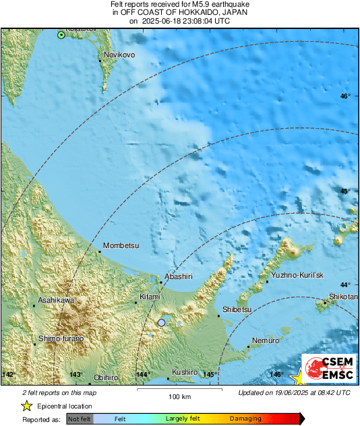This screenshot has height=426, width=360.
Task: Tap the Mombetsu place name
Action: click(x=121, y=246)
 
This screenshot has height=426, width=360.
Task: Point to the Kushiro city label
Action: click(x=184, y=372)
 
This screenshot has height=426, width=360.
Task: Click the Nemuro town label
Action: click(x=265, y=341)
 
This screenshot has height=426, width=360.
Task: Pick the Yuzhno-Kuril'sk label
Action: click(x=297, y=276)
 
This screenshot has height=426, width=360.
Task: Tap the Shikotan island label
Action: click(x=343, y=297)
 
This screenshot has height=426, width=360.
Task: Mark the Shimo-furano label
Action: click(x=61, y=338)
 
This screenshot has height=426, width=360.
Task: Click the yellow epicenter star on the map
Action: click(x=297, y=378)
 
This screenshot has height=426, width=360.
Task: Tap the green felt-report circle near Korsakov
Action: click(x=61, y=34)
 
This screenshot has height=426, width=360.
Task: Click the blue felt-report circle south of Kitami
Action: click(x=161, y=324)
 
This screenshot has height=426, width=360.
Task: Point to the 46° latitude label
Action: click(x=345, y=96)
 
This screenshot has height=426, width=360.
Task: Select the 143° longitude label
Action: click(x=76, y=375)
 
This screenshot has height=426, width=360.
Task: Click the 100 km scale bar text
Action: click(x=179, y=396)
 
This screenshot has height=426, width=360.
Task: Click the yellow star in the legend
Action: click(x=26, y=406)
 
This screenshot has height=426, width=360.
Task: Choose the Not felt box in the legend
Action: click(x=79, y=419)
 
